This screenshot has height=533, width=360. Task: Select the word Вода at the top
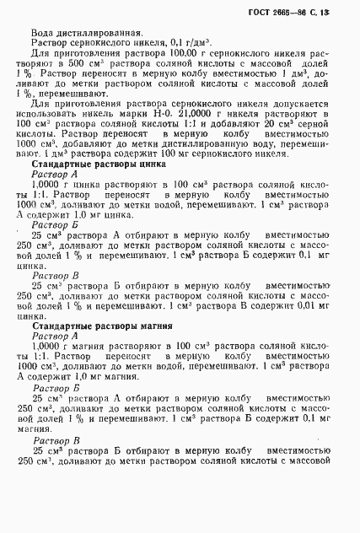[42, 33]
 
